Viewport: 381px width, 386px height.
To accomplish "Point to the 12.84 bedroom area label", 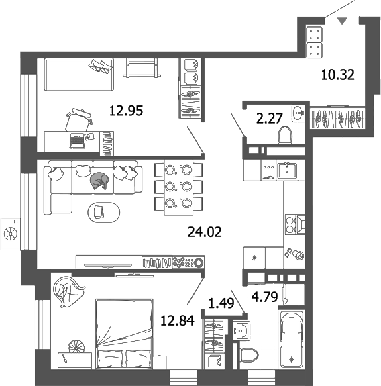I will tap(178, 321).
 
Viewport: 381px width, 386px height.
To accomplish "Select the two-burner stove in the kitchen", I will tap(296, 224).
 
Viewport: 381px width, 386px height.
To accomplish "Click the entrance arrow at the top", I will tap(343, 21).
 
